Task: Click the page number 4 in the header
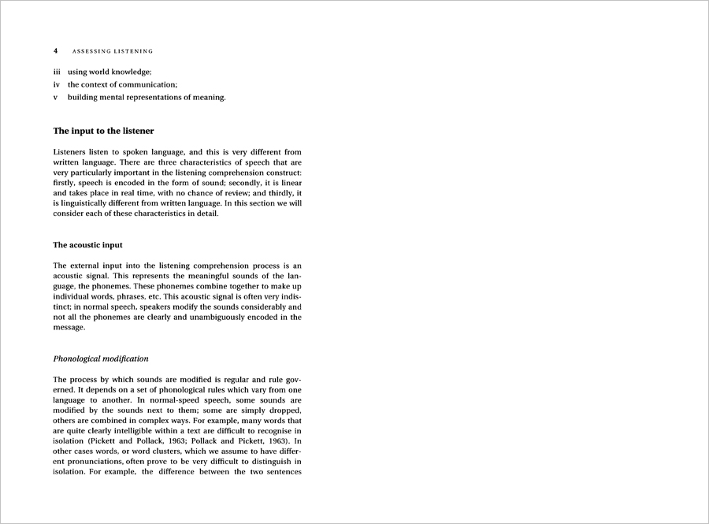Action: (x=56, y=51)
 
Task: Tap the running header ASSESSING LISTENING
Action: (x=113, y=51)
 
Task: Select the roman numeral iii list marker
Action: (x=57, y=72)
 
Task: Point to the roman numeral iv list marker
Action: (x=57, y=84)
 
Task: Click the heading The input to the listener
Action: (x=103, y=131)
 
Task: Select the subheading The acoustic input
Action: (x=87, y=245)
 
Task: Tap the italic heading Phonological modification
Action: (x=101, y=359)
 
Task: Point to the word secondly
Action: (x=217, y=182)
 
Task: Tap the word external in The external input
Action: (x=85, y=266)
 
